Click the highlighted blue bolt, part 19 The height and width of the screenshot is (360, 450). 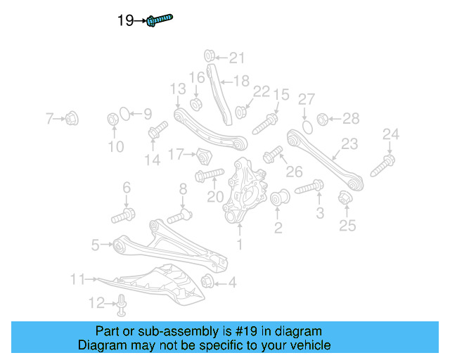click(160, 20)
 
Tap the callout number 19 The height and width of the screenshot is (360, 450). click(125, 21)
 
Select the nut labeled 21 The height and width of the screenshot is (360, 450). click(209, 56)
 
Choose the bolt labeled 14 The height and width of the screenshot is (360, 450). click(157, 131)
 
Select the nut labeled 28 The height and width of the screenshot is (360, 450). click(323, 119)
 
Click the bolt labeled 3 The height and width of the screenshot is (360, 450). click(309, 188)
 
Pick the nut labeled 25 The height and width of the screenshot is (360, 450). click(345, 199)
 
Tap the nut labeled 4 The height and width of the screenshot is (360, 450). click(207, 283)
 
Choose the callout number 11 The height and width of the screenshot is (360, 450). click(77, 279)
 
